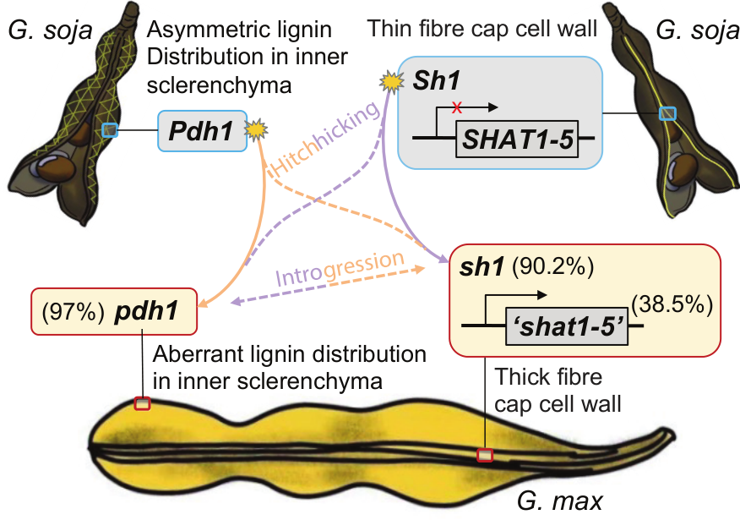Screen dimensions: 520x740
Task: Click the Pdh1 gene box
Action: (x=202, y=131)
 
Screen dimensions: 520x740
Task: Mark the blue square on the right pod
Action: (x=668, y=113)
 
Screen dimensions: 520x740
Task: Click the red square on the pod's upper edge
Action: (x=142, y=403)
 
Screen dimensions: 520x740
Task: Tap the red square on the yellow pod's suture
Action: (x=484, y=455)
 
